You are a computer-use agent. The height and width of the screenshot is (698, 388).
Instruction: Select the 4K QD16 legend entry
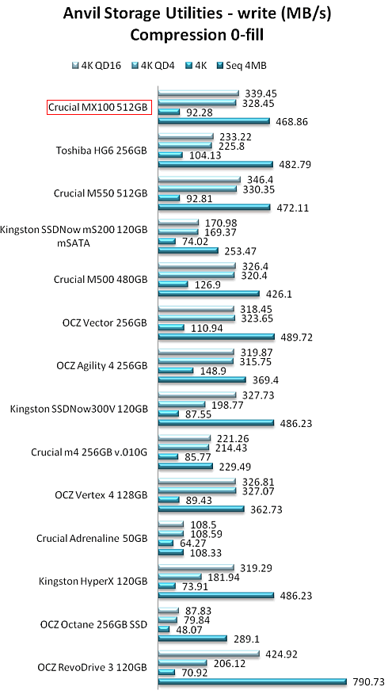click(96, 66)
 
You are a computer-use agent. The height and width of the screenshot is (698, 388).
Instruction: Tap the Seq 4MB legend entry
click(242, 66)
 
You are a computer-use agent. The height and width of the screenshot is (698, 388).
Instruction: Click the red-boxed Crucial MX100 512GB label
click(99, 108)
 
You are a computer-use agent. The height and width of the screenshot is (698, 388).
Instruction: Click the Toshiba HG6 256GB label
click(101, 151)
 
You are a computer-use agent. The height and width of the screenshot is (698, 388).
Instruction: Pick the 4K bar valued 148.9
click(176, 370)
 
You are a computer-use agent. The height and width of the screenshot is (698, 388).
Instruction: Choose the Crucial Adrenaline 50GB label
click(92, 538)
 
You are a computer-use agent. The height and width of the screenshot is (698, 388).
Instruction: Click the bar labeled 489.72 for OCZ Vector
click(216, 337)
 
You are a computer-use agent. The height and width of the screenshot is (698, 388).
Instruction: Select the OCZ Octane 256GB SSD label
click(93, 624)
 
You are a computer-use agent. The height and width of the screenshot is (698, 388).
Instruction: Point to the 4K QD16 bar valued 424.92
click(209, 654)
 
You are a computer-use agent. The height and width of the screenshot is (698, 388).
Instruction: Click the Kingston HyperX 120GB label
click(93, 582)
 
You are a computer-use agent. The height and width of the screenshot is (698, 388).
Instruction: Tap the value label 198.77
click(225, 405)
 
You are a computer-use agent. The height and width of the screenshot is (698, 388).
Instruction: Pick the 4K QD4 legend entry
click(153, 66)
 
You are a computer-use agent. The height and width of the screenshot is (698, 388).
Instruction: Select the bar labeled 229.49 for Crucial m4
click(185, 466)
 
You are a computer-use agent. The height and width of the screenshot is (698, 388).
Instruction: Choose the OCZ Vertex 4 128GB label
click(101, 495)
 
